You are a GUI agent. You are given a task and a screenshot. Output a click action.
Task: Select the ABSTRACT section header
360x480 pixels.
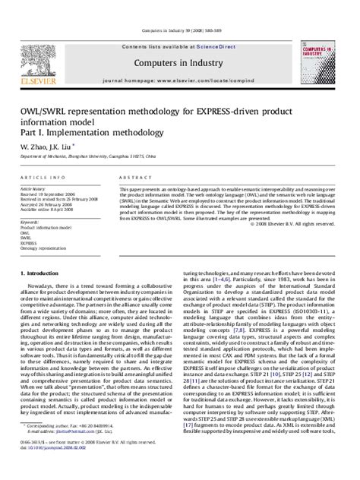[x=131, y=176]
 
